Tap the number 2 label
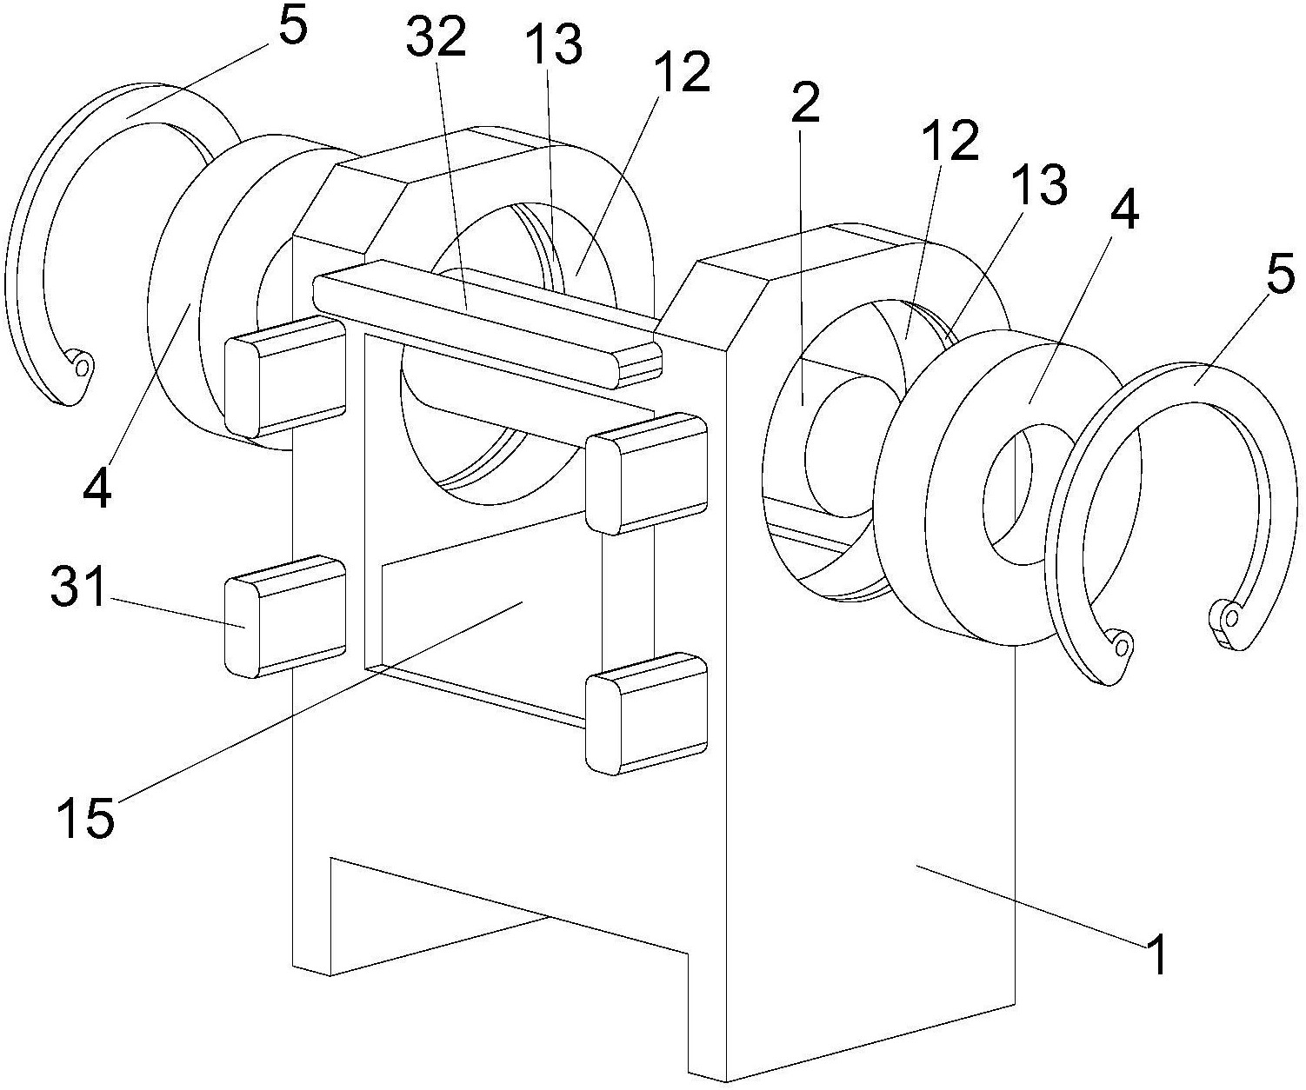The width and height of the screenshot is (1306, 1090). pos(804,104)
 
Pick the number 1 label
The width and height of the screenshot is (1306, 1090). pos(1156,955)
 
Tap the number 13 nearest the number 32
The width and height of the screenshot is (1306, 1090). pos(553,46)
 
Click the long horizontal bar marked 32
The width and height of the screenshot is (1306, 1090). pos(487,323)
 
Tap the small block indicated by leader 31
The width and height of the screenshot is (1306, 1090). pos(285,616)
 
